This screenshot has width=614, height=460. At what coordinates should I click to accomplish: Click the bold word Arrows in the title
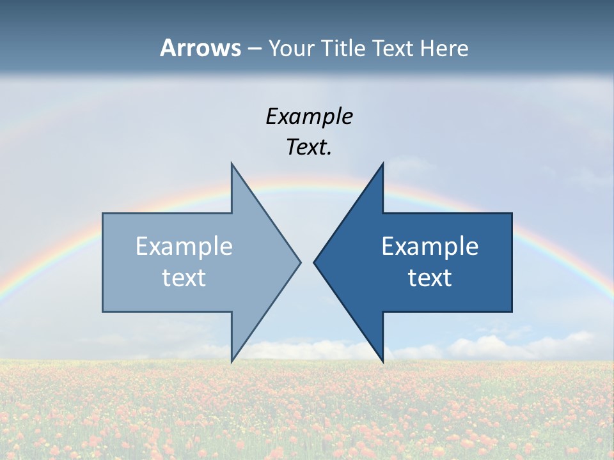coord(200,48)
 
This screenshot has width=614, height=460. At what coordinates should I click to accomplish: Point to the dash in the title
coord(254,49)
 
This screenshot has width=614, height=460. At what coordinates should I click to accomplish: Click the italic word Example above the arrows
coord(309,116)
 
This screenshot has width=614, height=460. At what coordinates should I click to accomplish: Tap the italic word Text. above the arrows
coord(309,148)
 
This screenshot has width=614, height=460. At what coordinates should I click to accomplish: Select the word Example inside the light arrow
coord(184,247)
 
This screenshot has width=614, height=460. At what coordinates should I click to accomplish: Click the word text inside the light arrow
coord(184,278)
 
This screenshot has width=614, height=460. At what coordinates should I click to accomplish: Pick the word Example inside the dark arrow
coord(430,247)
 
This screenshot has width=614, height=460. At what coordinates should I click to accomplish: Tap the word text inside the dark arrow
coord(430,278)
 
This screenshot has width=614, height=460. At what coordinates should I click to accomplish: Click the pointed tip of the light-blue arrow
coord(300,262)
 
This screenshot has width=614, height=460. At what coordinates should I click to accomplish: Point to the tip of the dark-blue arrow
coord(314,262)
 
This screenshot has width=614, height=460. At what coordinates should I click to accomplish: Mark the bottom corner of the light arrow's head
coord(232,362)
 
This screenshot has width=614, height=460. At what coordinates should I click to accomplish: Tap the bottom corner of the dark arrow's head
coord(382,362)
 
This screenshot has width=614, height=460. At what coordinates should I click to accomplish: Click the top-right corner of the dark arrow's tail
coord(512,213)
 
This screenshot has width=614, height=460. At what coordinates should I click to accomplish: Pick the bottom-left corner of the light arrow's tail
coord(103,312)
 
